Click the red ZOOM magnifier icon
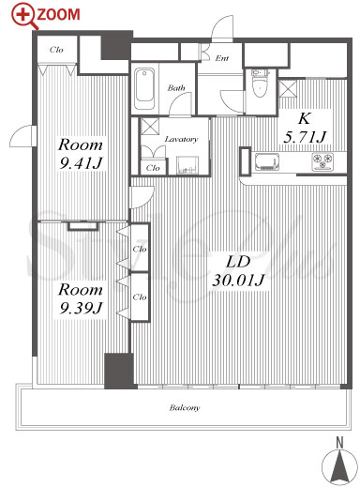click(24, 16)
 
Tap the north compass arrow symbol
click(339, 466)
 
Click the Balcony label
click(184, 407)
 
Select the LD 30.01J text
click(238, 271)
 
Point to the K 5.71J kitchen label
click(304, 129)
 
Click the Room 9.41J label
click(81, 154)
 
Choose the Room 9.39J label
click(81, 298)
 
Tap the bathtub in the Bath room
click(144, 88)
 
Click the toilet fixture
click(260, 84)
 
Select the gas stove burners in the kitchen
click(322, 161)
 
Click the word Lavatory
click(181, 139)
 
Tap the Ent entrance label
click(222, 58)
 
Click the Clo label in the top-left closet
click(56, 50)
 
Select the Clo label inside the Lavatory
click(153, 168)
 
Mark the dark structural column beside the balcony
click(119, 371)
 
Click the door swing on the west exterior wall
click(22, 136)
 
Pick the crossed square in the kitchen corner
click(288, 89)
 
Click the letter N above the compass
click(339, 443)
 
